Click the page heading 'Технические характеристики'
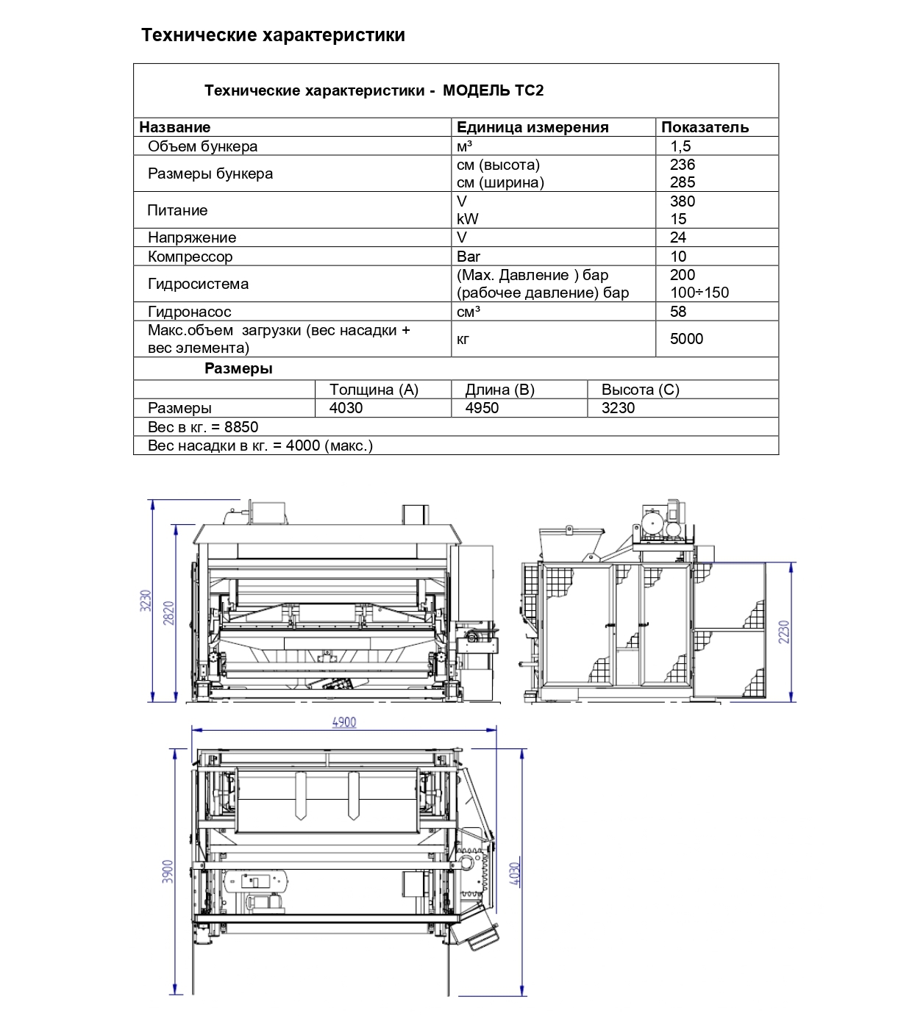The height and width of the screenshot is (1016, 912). [x=273, y=35]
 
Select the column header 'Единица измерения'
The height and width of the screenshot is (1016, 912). [x=532, y=127]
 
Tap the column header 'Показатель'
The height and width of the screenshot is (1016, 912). [x=705, y=127]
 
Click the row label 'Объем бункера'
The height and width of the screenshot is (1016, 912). [x=202, y=146]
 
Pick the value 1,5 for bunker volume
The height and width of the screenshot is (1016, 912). [x=680, y=146]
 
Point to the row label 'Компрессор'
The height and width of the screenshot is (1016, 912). [x=190, y=257]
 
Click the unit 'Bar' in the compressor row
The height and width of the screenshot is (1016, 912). [x=469, y=257]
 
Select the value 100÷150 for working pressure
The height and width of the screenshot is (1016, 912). [x=699, y=293]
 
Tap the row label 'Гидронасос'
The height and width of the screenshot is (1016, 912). [x=189, y=312]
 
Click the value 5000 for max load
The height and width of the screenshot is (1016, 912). [x=686, y=339]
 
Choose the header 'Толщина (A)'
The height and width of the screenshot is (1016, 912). [x=374, y=390]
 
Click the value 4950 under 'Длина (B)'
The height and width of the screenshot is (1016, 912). [x=482, y=408]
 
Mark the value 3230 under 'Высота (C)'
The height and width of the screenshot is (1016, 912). [x=618, y=408]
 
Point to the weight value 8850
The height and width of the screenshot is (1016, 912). [x=241, y=427]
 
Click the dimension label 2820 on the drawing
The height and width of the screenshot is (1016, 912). [x=169, y=613]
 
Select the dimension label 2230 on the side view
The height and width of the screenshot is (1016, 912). [x=784, y=632]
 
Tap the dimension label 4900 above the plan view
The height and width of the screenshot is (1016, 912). [x=344, y=722]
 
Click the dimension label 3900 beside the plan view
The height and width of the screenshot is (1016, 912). [x=168, y=871]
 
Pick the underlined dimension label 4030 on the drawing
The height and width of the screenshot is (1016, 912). [x=516, y=873]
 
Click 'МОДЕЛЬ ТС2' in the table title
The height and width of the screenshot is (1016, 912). [x=493, y=90]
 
